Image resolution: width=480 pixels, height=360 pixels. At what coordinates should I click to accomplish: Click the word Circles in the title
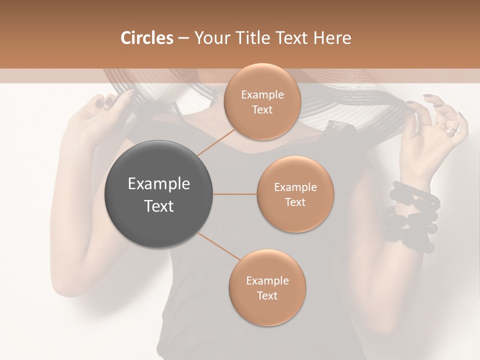point(147,38)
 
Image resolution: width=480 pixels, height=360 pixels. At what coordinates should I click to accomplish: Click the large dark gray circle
point(159,194)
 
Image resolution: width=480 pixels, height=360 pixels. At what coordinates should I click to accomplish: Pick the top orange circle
point(262,101)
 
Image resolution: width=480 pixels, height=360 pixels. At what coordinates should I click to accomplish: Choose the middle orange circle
point(295,194)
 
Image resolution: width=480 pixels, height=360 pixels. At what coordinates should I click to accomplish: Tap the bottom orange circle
point(267,287)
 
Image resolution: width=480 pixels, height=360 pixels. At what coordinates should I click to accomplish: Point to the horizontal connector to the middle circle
point(235,194)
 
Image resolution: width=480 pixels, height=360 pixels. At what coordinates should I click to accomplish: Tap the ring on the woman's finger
point(451,131)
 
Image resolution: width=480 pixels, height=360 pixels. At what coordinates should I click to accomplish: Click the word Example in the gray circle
point(159,184)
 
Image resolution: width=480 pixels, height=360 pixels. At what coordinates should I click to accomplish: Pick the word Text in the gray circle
point(159,205)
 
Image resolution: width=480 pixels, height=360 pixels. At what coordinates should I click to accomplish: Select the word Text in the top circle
point(262,109)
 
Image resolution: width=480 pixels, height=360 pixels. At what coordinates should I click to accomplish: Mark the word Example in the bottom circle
point(267,280)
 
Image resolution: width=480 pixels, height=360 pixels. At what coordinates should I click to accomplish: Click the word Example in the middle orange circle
point(295,187)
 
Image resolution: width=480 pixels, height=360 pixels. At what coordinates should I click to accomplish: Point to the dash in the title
point(183,38)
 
